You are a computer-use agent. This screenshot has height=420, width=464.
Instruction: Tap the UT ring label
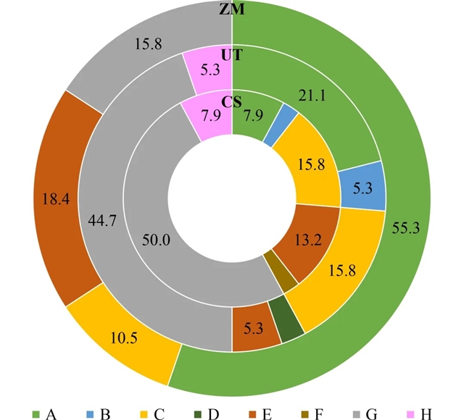[232, 55]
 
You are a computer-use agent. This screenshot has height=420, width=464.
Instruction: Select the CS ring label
[232, 102]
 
